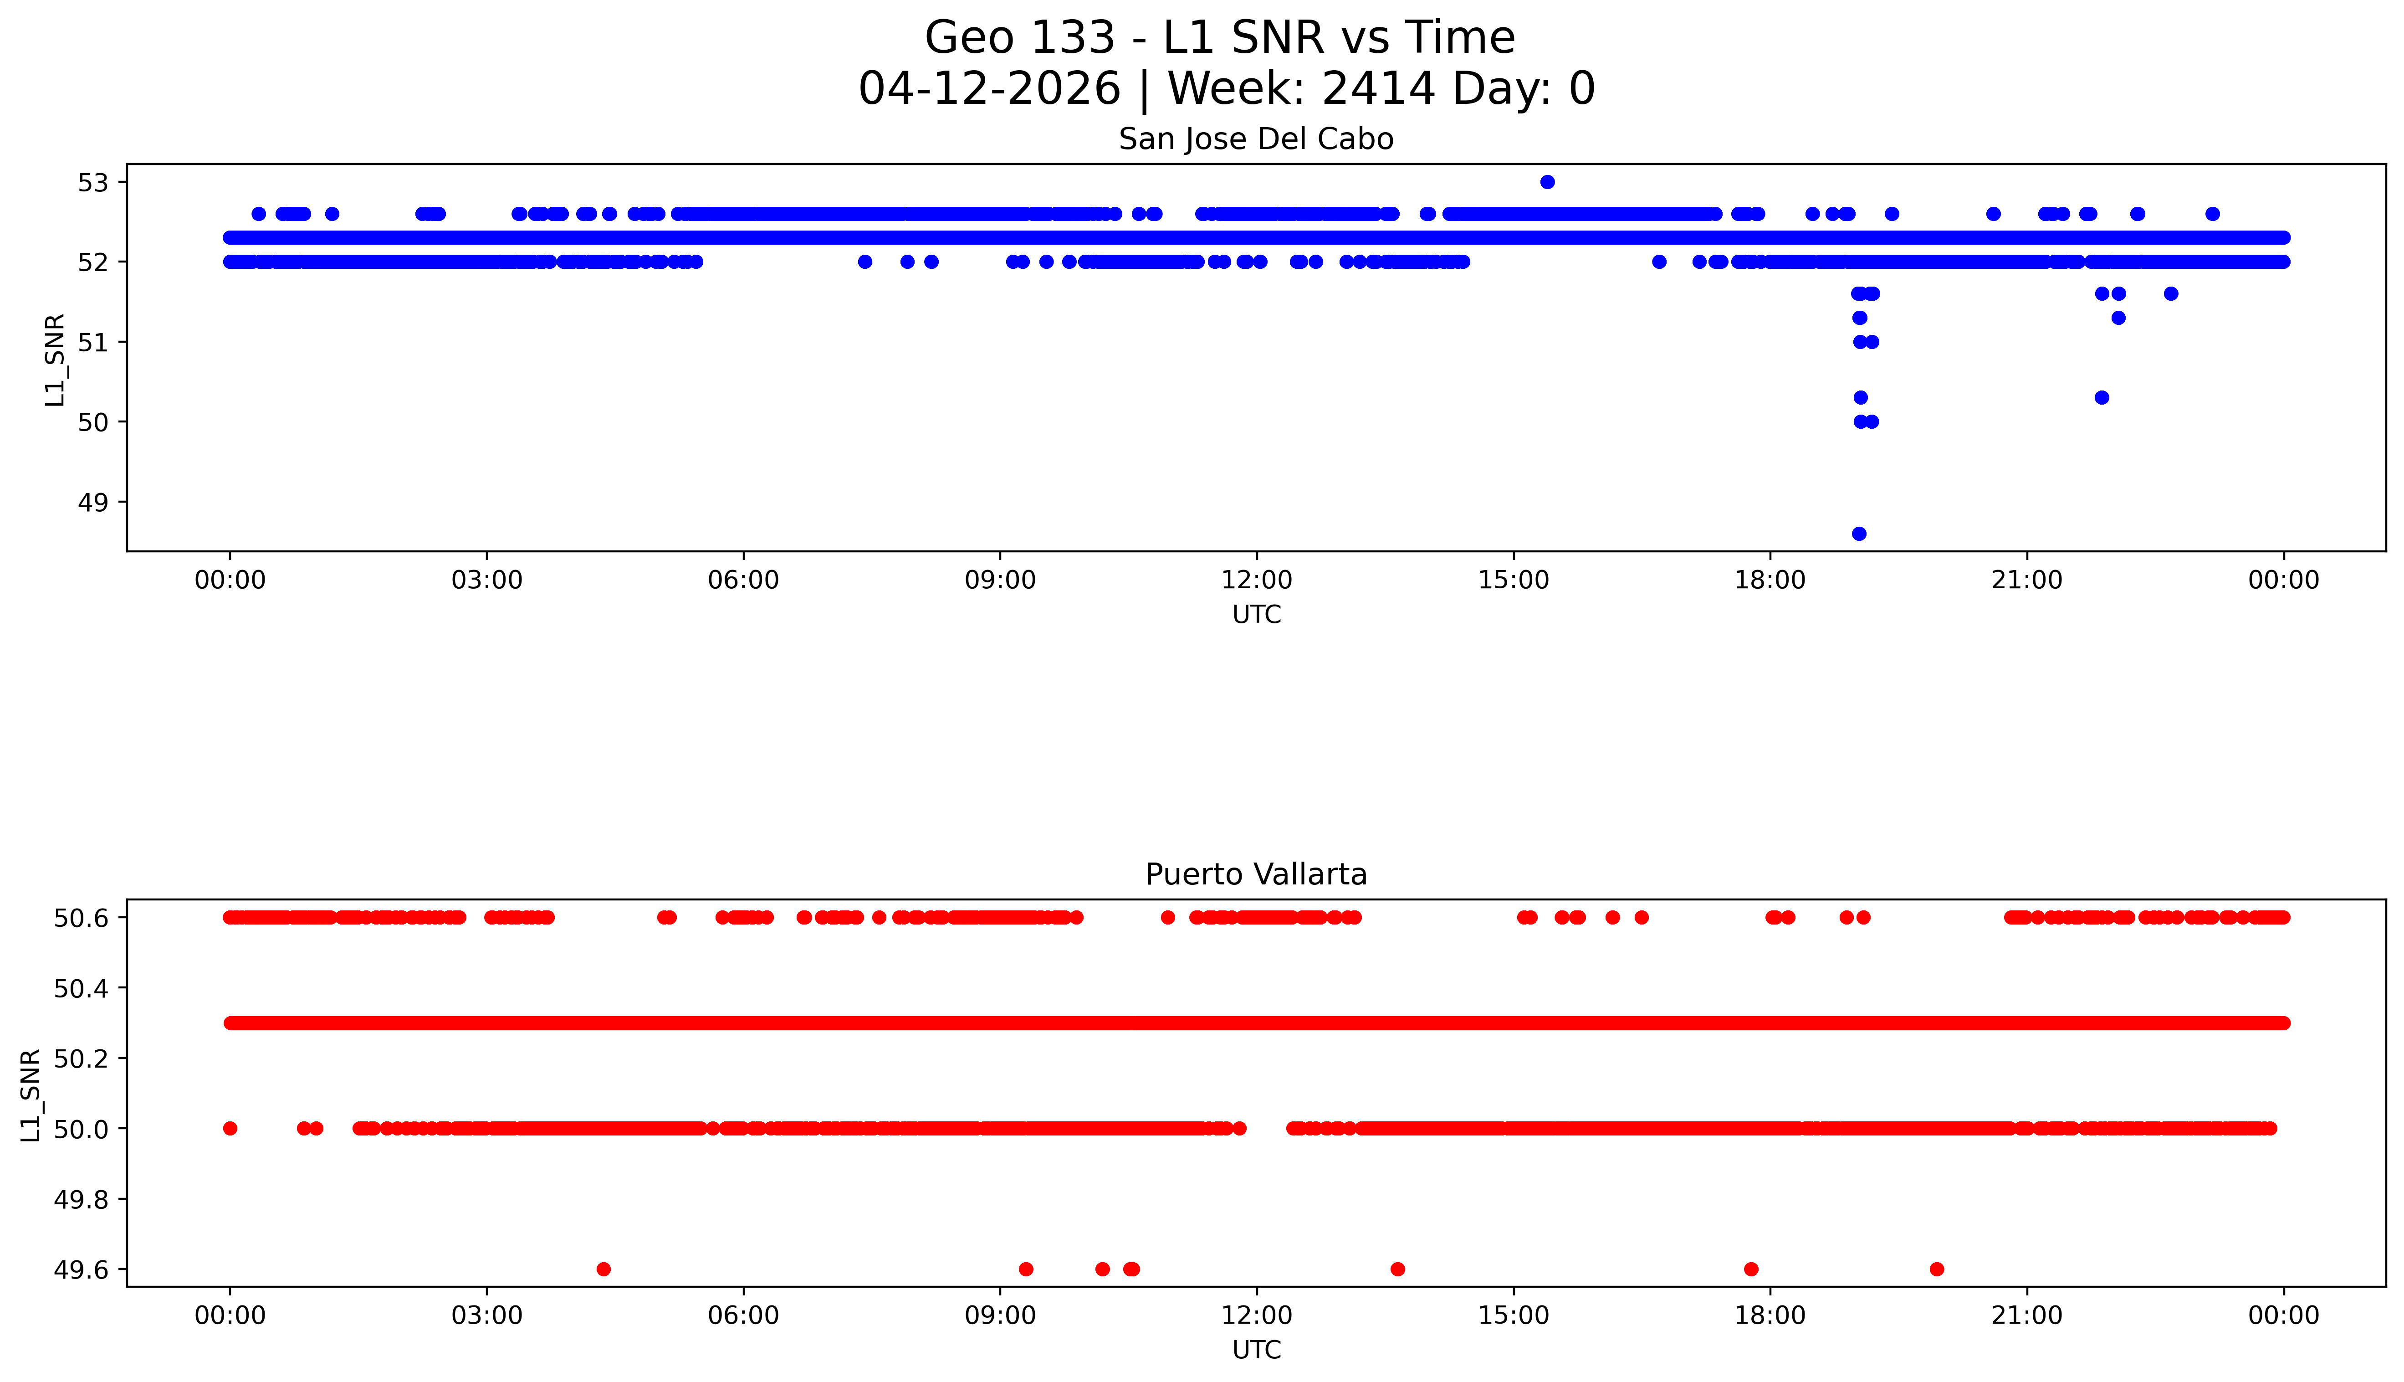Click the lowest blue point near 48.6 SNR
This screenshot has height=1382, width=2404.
[x=1858, y=534]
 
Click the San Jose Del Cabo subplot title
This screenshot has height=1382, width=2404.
[x=1256, y=139]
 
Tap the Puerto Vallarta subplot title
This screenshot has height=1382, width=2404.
[x=1256, y=874]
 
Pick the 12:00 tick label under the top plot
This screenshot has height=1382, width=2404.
[x=1256, y=580]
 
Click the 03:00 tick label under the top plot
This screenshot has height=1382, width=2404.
[x=487, y=580]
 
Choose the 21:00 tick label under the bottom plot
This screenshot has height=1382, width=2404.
[x=2026, y=1315]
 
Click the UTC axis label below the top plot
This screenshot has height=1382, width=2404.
[x=1256, y=615]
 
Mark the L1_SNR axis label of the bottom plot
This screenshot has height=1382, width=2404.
[x=31, y=1094]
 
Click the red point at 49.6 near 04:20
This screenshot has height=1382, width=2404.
[x=604, y=1269]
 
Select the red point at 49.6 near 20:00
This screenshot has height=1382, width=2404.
[x=1936, y=1269]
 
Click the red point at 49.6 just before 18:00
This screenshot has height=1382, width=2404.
[x=1751, y=1269]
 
